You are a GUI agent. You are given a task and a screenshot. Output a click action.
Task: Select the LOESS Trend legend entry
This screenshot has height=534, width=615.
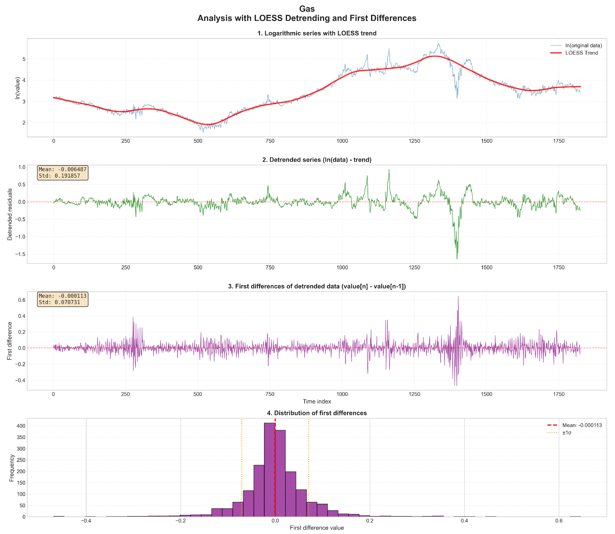tap(581, 53)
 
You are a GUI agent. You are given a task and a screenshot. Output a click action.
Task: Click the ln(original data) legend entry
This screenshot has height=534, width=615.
tap(583, 46)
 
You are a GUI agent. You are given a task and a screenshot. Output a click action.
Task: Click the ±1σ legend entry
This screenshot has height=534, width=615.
tap(566, 433)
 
